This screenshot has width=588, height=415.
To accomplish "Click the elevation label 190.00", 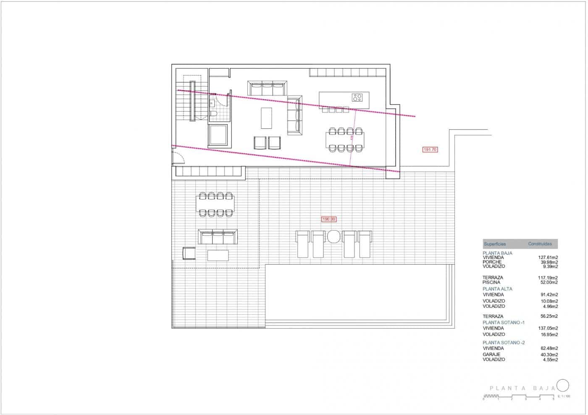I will click(x=329, y=219).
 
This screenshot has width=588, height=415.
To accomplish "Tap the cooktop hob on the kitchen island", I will click(x=357, y=98).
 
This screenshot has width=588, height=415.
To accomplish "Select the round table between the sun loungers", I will click(x=334, y=237).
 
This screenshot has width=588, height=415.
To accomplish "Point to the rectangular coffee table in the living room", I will click(x=266, y=118).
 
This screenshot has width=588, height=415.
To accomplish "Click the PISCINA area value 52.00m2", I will click(x=549, y=282).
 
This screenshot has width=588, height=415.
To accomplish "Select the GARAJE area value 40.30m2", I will click(x=549, y=355).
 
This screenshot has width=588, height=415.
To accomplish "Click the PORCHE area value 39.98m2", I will click(x=549, y=262).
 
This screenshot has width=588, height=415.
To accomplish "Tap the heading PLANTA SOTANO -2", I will click(x=504, y=342).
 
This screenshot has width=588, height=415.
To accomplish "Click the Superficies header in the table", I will click(x=495, y=244).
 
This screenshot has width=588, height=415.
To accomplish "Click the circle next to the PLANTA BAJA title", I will click(x=563, y=385).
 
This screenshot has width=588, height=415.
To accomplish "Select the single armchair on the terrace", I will click(x=189, y=253).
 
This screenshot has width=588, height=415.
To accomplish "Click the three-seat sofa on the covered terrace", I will click(x=218, y=237).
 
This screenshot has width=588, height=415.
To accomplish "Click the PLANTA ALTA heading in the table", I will click(x=497, y=289).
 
